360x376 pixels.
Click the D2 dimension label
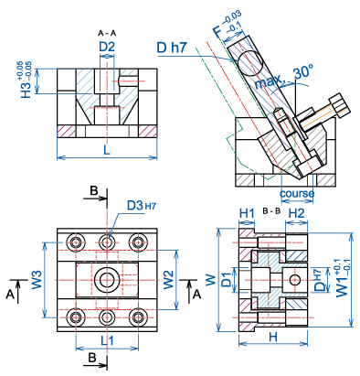pos(107,48)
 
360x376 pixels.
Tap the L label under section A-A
pos(107,150)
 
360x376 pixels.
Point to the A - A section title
pos(107,33)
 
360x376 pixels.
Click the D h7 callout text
pos(172,48)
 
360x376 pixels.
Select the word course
pos(297,193)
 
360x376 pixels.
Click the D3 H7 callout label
pos(142,206)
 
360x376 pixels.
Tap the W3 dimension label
pos(37,280)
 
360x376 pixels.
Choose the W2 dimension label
pos(168,280)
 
